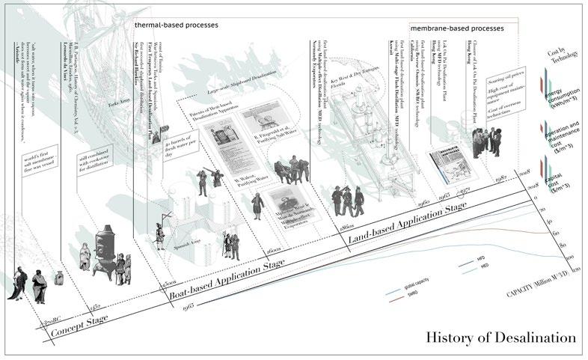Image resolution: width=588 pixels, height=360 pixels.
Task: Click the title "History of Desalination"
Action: (501, 338)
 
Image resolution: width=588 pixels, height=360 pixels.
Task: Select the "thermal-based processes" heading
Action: (176, 25)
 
